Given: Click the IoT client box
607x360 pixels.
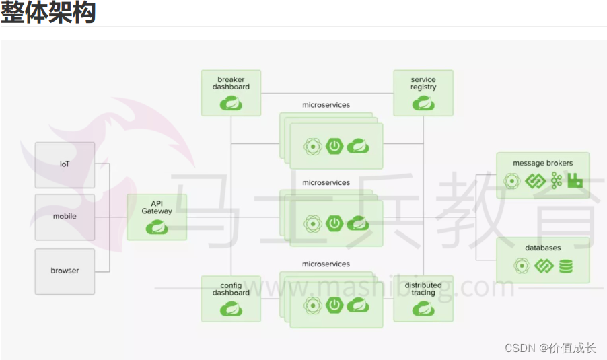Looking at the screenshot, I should (x=65, y=165).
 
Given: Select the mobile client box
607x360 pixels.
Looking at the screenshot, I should (x=65, y=217).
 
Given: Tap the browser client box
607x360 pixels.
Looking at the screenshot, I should (x=65, y=271).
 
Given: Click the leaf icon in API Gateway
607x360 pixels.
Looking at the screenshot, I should (x=157, y=227).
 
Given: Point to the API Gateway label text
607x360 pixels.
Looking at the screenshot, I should (x=157, y=207).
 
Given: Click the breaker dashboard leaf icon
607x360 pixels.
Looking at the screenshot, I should (x=231, y=103).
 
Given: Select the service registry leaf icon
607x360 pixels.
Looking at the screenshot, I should (x=423, y=103).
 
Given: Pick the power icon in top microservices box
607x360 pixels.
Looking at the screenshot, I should (x=334, y=145).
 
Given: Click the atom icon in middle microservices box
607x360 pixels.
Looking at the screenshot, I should (x=312, y=223).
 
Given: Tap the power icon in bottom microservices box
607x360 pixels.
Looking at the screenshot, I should (x=334, y=305).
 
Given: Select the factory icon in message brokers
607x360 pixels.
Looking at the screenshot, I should (x=575, y=180).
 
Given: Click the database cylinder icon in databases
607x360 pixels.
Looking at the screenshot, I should (x=566, y=266).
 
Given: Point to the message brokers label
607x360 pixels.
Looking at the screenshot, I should (x=542, y=163).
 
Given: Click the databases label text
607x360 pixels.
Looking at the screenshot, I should (x=542, y=248).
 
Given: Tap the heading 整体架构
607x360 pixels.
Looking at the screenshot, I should (x=48, y=12).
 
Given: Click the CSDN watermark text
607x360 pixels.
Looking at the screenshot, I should (x=550, y=347).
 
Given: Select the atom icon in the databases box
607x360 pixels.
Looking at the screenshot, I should (x=521, y=266).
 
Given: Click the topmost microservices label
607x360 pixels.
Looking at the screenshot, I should (x=326, y=105).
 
